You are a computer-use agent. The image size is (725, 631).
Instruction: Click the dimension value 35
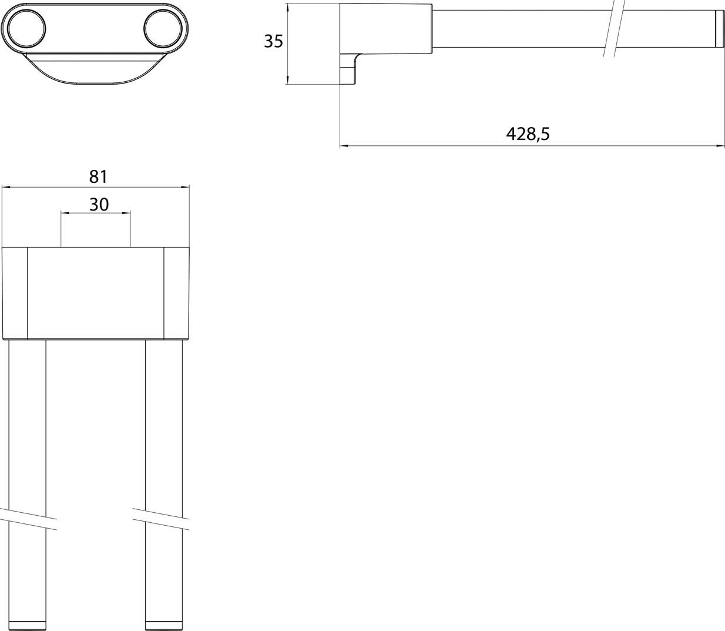[273, 42]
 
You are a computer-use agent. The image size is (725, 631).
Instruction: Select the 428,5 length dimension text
[528, 134]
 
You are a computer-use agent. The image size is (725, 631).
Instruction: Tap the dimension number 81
[98, 176]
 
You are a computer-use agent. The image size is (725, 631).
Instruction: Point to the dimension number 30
[99, 205]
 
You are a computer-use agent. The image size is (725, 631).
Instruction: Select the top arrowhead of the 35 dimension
[287, 8]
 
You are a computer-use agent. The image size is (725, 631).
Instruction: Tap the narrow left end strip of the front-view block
[15, 293]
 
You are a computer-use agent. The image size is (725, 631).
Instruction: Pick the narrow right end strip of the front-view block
[177, 293]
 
